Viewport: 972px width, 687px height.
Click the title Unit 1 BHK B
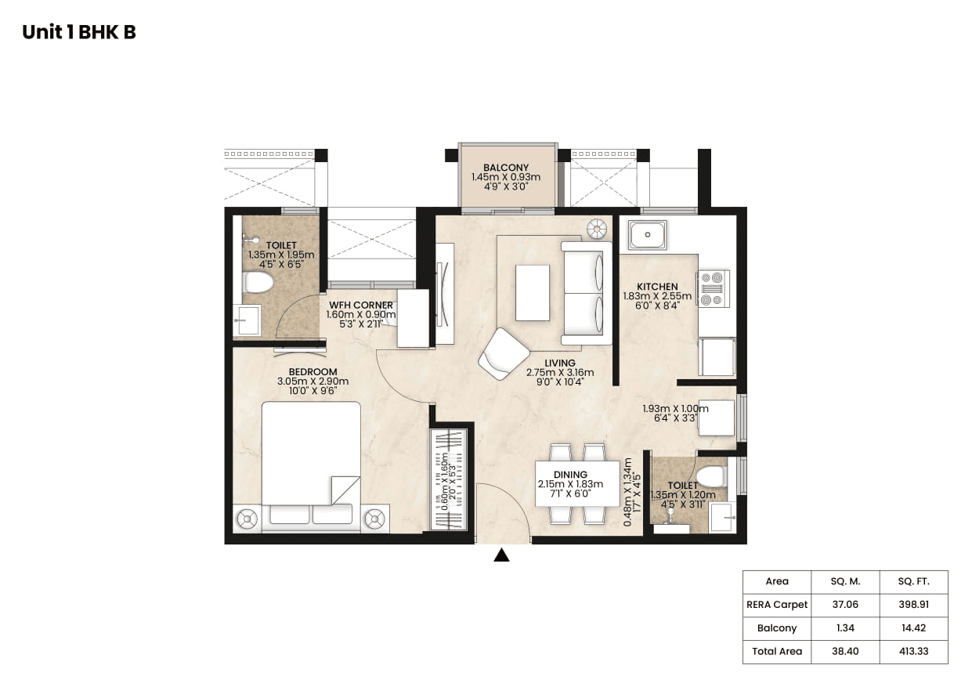pos(79,32)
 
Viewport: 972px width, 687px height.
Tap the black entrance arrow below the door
pos(501,555)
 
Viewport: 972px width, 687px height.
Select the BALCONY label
pos(506,168)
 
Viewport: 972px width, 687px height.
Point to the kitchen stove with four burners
pos(713,287)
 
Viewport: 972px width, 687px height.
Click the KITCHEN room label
pos(657,287)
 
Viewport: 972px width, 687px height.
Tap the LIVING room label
pos(560,363)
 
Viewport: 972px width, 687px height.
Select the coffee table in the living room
pos(533,291)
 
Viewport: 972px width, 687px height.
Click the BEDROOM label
pos(313,371)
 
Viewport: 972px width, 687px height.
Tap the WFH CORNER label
pos(360,305)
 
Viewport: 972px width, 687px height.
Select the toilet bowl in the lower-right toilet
pos(711,475)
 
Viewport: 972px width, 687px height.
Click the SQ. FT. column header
pos(913,581)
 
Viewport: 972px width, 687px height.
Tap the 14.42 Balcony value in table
pos(913,627)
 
